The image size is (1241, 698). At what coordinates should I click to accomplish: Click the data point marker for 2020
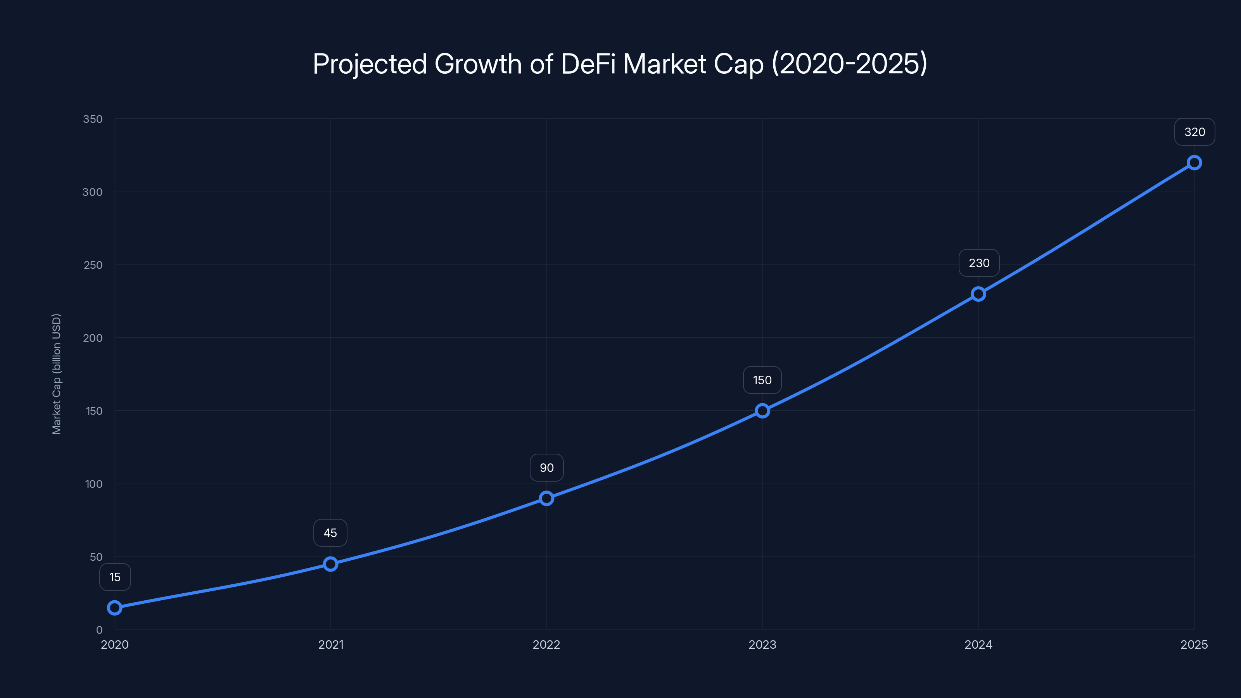coord(115,608)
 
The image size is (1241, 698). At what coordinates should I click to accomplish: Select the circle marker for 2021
coord(330,564)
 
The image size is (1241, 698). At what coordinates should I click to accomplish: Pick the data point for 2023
coord(762,411)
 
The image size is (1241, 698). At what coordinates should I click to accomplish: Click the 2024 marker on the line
coord(978,294)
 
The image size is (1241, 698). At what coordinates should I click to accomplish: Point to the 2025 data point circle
coord(1194,163)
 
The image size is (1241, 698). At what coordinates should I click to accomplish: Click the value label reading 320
coord(1194,132)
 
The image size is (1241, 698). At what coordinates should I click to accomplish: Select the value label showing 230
coord(979,263)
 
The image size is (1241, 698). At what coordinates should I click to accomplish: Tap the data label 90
coord(546,468)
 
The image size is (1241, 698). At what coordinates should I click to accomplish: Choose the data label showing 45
coord(330,533)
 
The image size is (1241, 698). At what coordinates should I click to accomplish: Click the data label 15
coord(115,577)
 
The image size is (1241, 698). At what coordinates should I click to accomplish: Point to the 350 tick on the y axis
coord(93,119)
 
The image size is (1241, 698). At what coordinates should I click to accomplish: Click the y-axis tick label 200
coord(93,338)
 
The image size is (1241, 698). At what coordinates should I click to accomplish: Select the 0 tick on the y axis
coord(99,630)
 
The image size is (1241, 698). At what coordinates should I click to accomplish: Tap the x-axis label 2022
coord(546,644)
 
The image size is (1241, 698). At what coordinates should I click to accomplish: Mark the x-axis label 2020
coord(115,644)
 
